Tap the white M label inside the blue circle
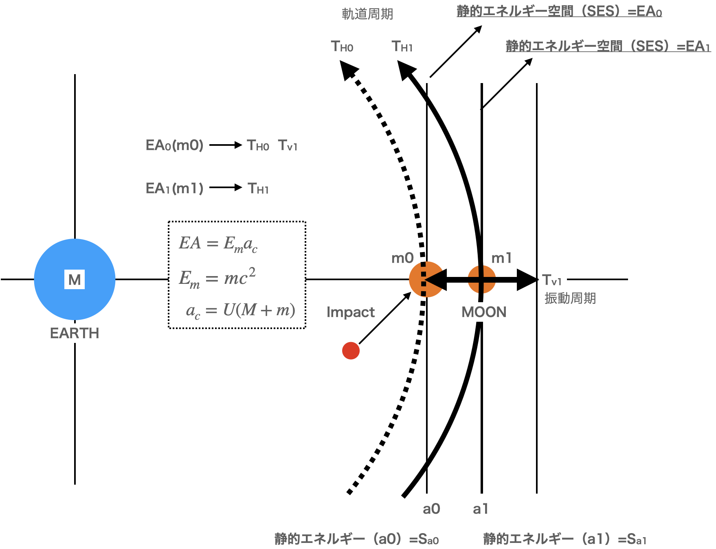pyautogui.click(x=75, y=280)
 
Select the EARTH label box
pyautogui.click(x=75, y=333)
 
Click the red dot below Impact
pyautogui.click(x=351, y=351)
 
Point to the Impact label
pyautogui.click(x=351, y=312)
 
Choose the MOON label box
pyautogui.click(x=484, y=312)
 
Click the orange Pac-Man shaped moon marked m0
pyautogui.click(x=424, y=279)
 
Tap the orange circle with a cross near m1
pyautogui.click(x=482, y=279)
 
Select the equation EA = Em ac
pyautogui.click(x=218, y=244)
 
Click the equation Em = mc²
pyautogui.click(x=217, y=278)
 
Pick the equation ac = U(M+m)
pyautogui.click(x=240, y=310)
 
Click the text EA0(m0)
pyautogui.click(x=174, y=145)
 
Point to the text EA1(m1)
pyautogui.click(x=174, y=189)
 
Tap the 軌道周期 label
pyautogui.click(x=367, y=14)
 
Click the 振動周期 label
pyautogui.click(x=570, y=298)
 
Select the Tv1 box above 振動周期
pyautogui.click(x=552, y=280)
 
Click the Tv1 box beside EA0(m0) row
pyautogui.click(x=288, y=145)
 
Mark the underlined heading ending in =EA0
pyautogui.click(x=559, y=11)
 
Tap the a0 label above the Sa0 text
pyautogui.click(x=431, y=509)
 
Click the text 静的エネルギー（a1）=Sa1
pyautogui.click(x=564, y=539)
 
